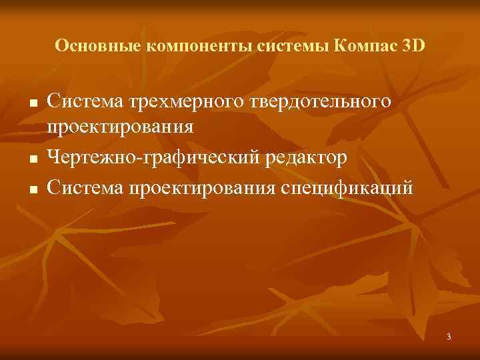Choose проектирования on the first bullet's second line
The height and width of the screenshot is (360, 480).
click(x=121, y=128)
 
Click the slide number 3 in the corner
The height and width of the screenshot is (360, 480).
click(x=449, y=337)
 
